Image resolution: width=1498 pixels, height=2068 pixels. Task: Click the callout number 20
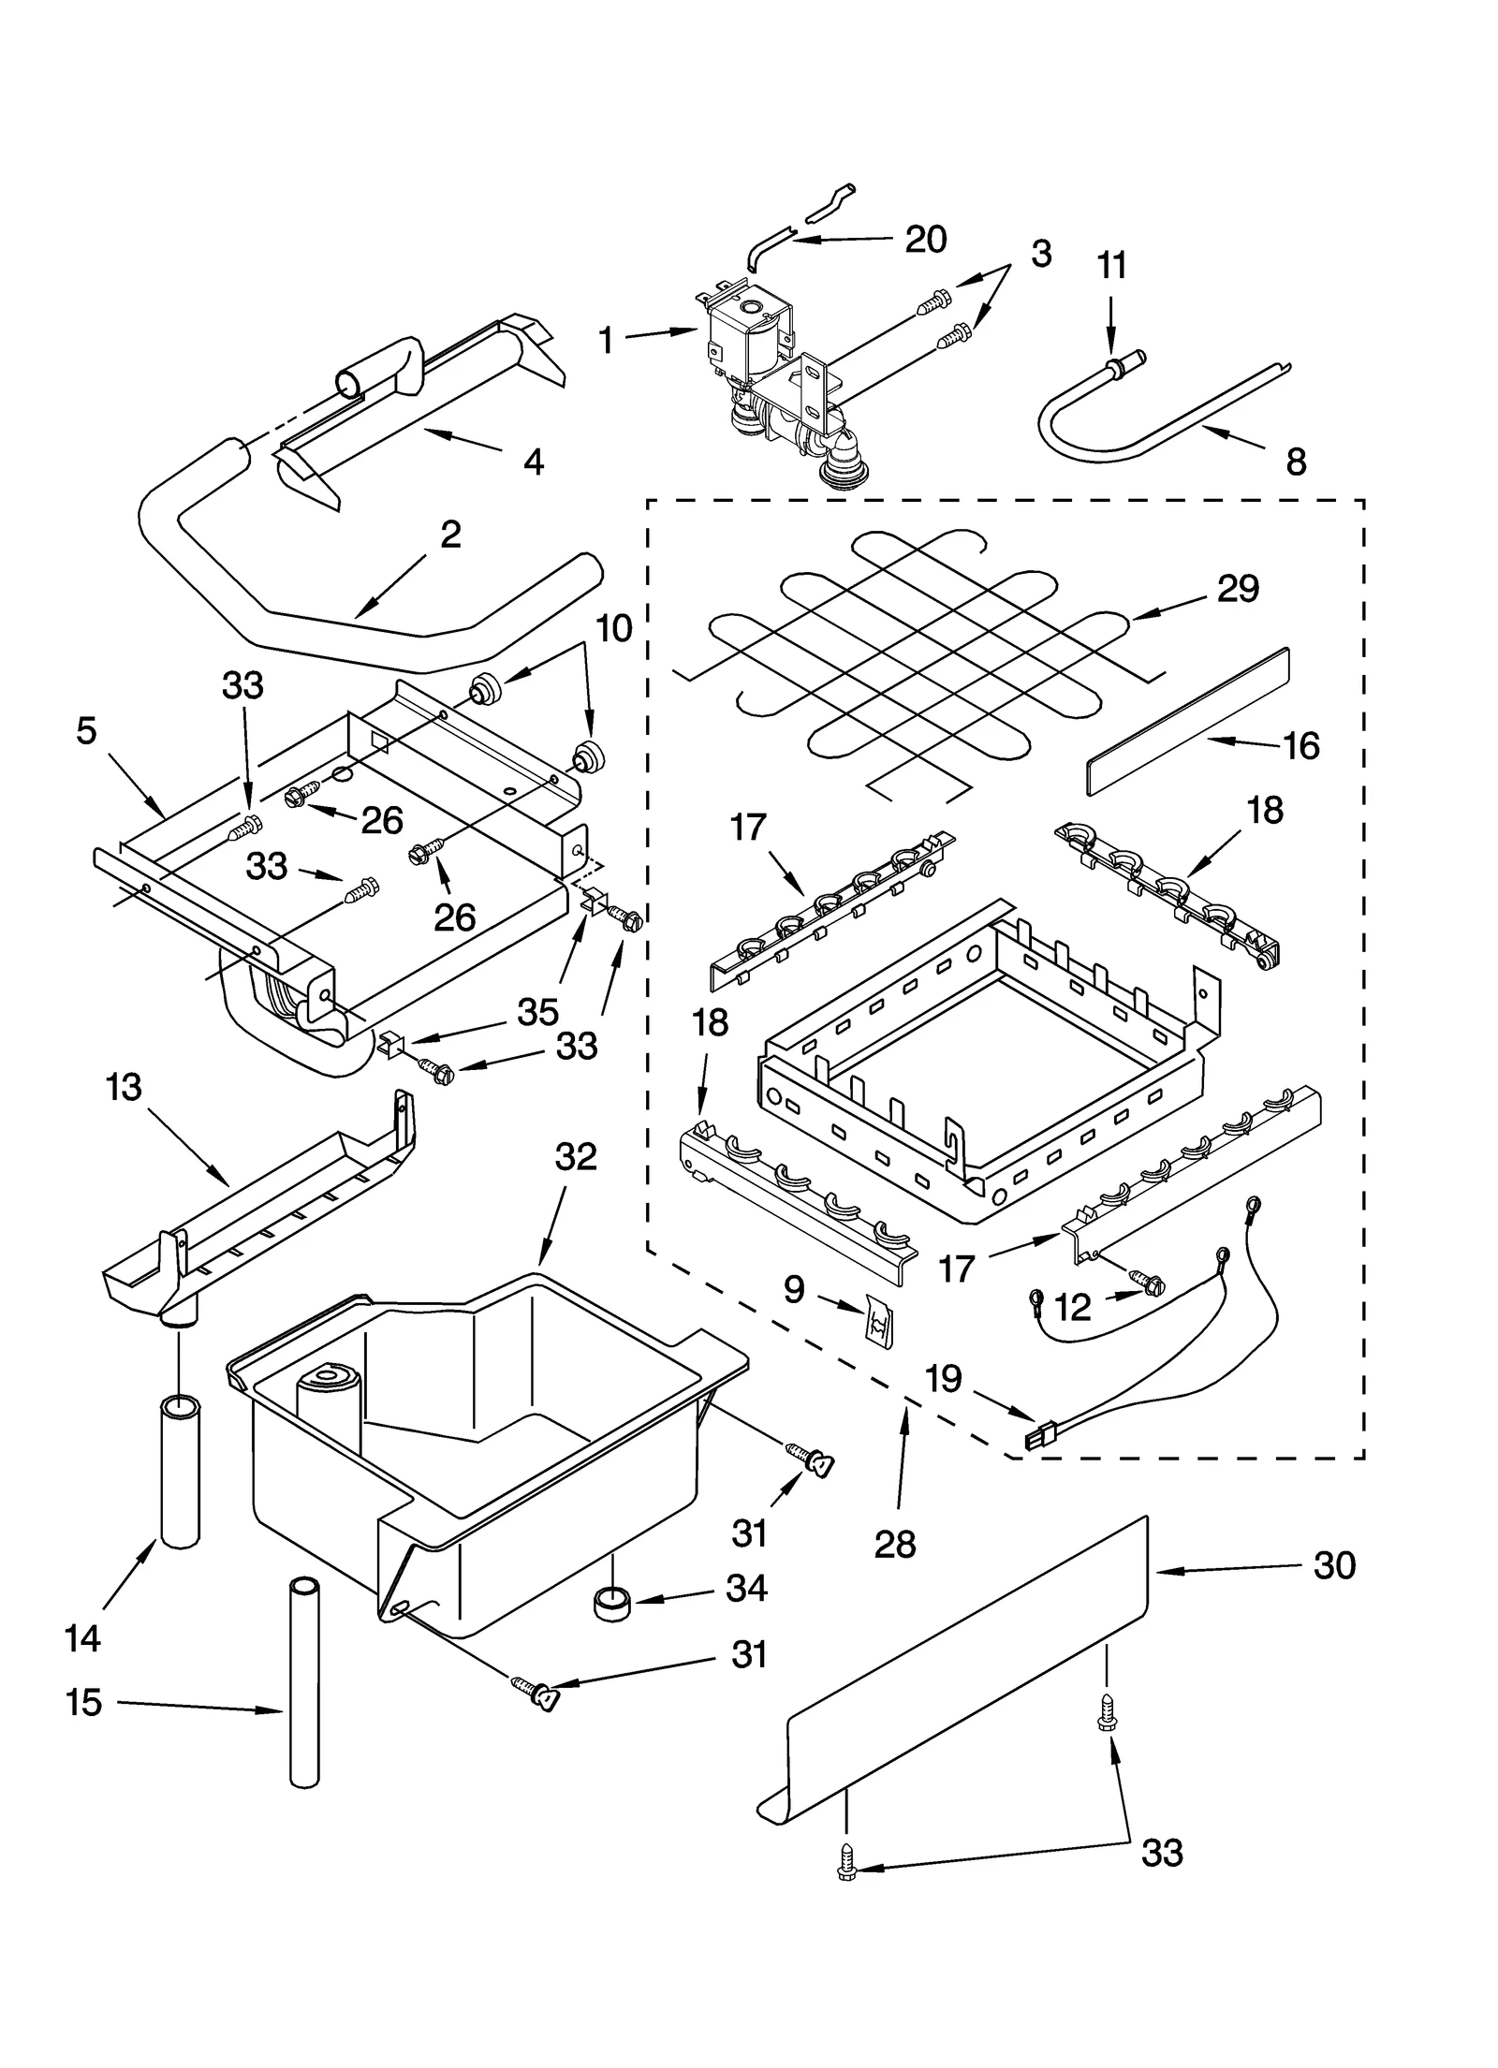(x=924, y=239)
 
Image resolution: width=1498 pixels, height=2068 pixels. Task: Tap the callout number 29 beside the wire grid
(x=1237, y=588)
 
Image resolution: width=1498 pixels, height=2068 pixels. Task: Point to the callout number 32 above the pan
(x=575, y=1157)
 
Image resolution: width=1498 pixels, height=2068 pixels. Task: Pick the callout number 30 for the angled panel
(x=1333, y=1564)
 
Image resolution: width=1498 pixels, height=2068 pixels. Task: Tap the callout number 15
(x=82, y=1702)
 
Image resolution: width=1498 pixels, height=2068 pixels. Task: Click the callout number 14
(x=82, y=1638)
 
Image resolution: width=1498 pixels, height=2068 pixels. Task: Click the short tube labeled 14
(x=181, y=1470)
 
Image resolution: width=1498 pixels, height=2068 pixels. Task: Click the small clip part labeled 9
(x=879, y=1318)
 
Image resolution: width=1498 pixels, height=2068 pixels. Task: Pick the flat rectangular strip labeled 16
(x=1187, y=721)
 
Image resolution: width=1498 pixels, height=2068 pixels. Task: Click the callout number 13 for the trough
(x=124, y=1087)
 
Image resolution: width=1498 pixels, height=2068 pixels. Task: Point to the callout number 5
(x=86, y=730)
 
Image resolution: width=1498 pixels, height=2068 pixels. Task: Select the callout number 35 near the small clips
(x=537, y=1011)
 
